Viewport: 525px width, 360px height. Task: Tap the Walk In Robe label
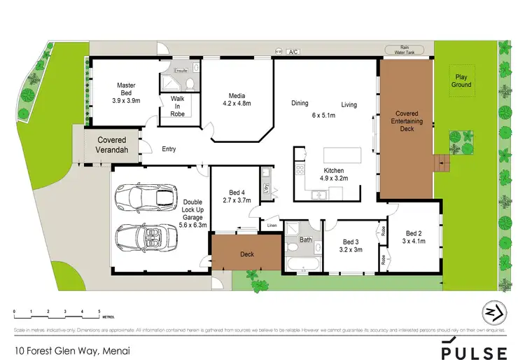(178, 106)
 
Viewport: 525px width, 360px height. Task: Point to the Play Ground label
(461, 81)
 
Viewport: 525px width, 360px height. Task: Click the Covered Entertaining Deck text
(407, 120)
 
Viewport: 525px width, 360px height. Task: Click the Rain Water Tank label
(405, 50)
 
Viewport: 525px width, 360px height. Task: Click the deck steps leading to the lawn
(440, 163)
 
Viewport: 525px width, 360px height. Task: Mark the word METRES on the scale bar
(109, 317)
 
